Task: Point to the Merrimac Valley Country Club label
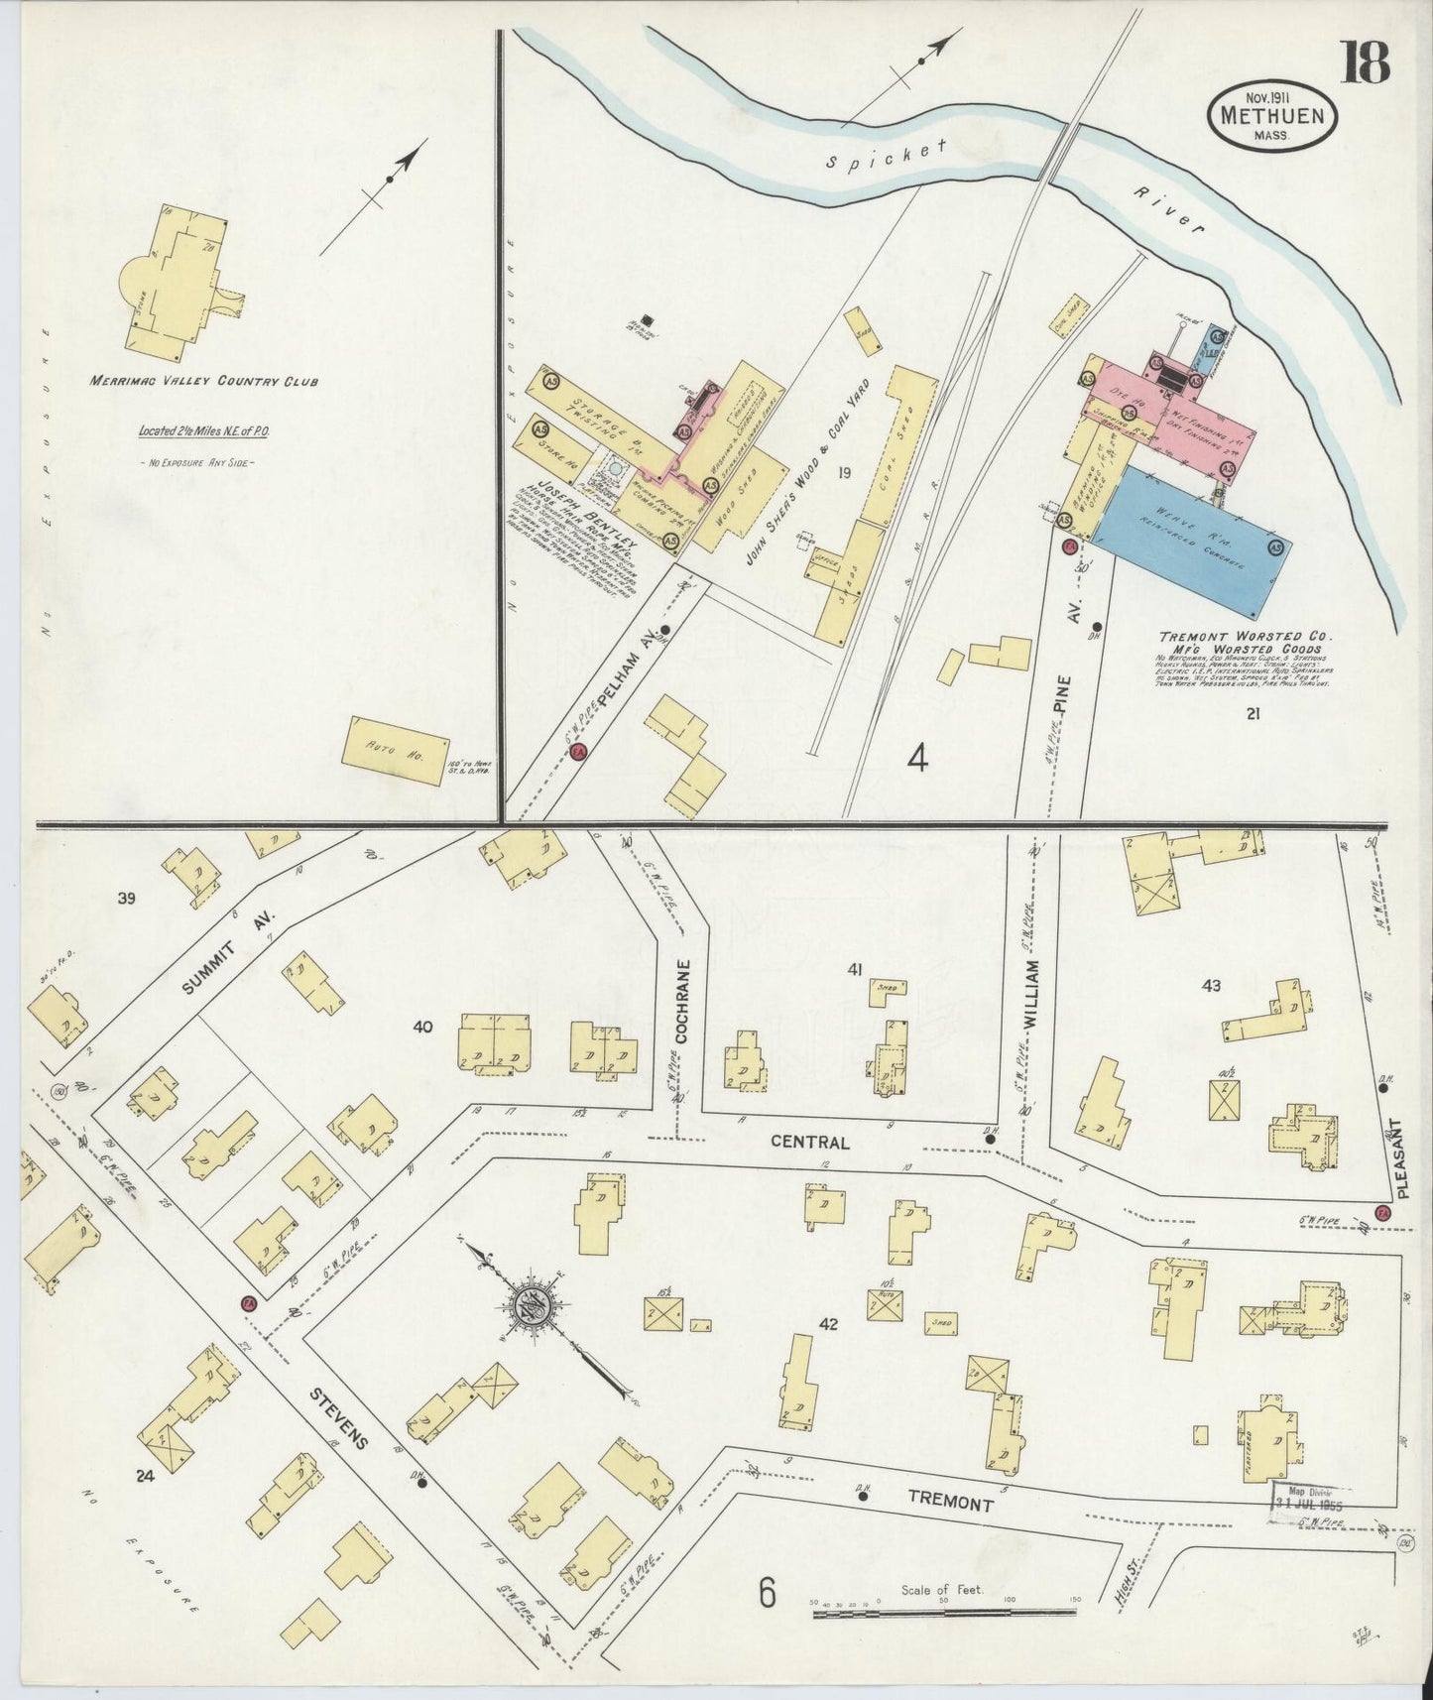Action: [204, 381]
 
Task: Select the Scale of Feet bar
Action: [947, 1615]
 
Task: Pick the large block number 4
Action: [918, 760]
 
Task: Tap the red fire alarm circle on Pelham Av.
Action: [580, 753]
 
